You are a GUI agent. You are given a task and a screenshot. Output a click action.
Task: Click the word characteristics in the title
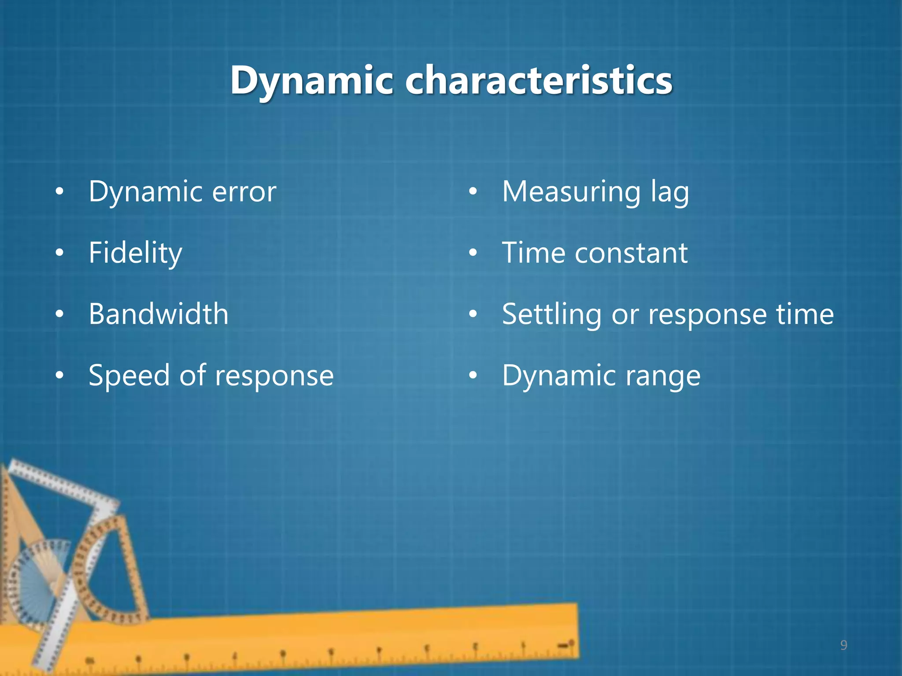(538, 80)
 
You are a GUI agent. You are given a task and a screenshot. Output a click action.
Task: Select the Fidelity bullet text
(135, 253)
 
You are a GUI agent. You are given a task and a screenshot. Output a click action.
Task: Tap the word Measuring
(571, 192)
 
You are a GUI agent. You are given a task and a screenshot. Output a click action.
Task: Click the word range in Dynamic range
(662, 377)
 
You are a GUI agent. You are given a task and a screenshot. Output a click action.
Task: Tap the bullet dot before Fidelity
(59, 253)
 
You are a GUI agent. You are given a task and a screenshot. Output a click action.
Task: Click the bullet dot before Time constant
(473, 253)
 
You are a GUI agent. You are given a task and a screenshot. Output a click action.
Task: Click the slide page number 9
(843, 645)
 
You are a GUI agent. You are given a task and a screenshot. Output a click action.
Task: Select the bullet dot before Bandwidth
(59, 314)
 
